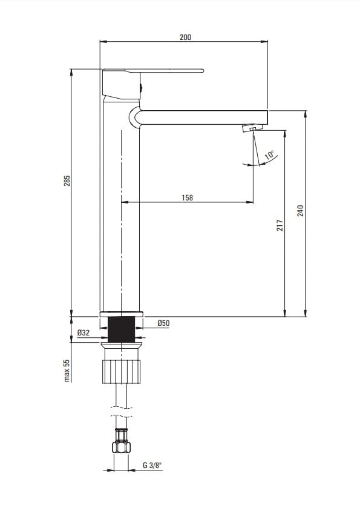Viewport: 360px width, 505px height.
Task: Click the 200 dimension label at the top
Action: [185, 37]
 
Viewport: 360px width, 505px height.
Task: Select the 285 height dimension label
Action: [67, 180]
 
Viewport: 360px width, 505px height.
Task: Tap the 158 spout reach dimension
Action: [187, 197]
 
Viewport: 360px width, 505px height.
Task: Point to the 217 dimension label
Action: [280, 225]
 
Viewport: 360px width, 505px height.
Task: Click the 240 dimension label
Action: [300, 211]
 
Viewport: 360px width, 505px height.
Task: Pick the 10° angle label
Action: [270, 154]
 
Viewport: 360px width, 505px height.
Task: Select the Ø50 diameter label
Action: [163, 323]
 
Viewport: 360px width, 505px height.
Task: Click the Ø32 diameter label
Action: [83, 332]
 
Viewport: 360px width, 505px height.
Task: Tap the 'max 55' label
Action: [67, 371]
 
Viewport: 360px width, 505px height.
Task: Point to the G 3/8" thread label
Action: [152, 465]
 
